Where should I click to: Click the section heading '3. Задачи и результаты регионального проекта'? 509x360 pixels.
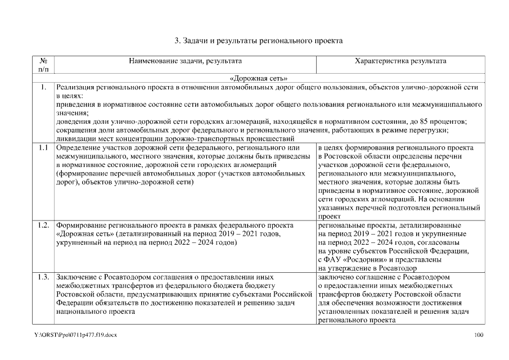258,40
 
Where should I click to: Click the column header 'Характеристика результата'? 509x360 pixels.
402,60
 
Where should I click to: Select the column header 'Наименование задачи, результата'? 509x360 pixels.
186,60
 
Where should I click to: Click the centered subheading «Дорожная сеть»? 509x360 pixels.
259,79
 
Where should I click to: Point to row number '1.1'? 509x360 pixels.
43,147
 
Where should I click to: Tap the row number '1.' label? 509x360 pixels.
43,87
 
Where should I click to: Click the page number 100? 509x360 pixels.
479,335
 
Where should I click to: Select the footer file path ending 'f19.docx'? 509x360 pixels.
75,335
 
